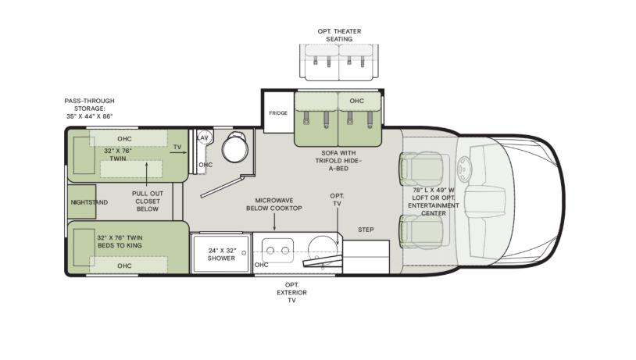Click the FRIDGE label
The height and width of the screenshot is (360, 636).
(x=278, y=113)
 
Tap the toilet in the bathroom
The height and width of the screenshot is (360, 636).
(x=235, y=147)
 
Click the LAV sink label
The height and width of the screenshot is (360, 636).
(x=203, y=138)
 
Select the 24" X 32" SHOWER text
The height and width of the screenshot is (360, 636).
(x=221, y=255)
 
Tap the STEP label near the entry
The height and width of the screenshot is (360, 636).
(x=366, y=230)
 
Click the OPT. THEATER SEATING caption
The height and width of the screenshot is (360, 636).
(x=339, y=35)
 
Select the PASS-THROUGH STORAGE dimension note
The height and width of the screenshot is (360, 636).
(x=90, y=109)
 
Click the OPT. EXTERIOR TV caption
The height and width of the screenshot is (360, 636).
(x=291, y=292)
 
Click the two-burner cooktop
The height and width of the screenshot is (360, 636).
(x=278, y=250)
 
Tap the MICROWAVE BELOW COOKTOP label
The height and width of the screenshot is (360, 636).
(x=274, y=204)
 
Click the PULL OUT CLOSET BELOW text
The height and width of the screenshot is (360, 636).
(x=148, y=201)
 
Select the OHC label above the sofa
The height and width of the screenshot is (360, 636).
(x=357, y=101)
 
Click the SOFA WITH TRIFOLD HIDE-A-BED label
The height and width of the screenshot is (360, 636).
(x=338, y=161)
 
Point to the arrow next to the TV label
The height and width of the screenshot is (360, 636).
(x=178, y=153)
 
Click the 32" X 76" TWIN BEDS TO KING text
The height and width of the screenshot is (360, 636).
(x=120, y=241)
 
